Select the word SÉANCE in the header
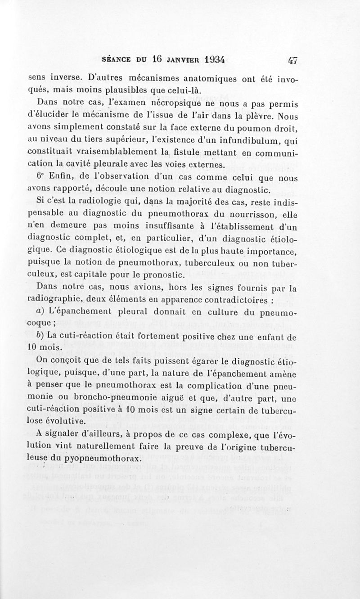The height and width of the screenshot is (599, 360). [117, 59]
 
